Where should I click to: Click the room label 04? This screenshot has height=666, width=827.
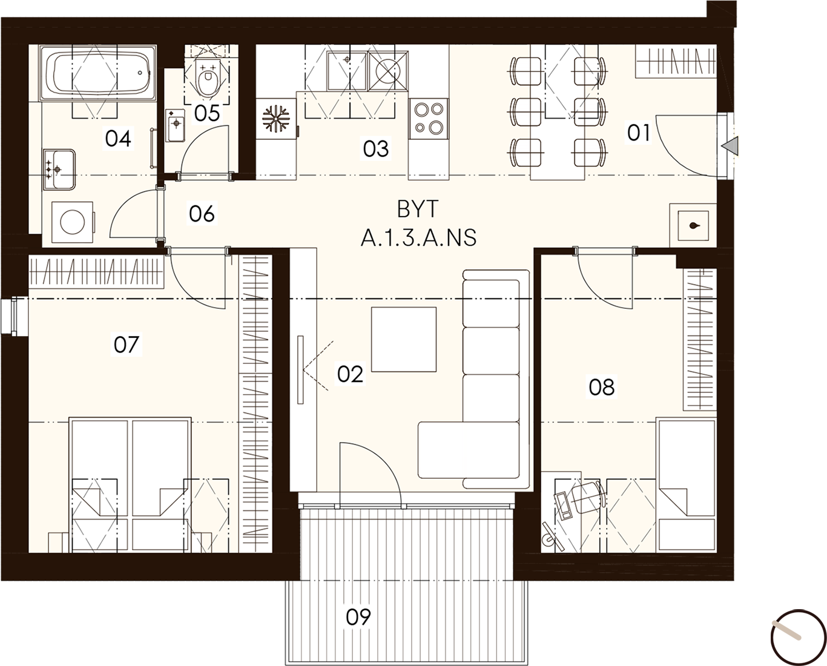click(x=119, y=139)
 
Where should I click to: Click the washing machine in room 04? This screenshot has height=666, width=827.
click(x=73, y=222)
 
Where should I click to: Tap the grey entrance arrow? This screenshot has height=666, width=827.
click(x=730, y=146)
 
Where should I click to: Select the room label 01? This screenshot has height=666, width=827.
click(x=639, y=133)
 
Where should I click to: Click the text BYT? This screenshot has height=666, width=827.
click(x=418, y=210)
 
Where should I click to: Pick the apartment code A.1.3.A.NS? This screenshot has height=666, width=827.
click(x=418, y=238)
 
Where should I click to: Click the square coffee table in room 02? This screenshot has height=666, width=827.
click(x=403, y=339)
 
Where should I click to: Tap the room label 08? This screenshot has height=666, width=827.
click(x=602, y=387)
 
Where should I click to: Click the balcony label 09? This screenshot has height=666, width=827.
click(x=358, y=617)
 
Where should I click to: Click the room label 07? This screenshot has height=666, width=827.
click(x=126, y=345)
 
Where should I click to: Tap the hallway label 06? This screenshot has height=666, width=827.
click(x=202, y=214)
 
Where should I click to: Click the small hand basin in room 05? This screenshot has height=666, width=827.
click(x=175, y=125)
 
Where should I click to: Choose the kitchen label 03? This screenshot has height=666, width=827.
click(x=376, y=149)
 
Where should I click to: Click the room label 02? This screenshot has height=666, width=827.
click(x=350, y=374)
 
